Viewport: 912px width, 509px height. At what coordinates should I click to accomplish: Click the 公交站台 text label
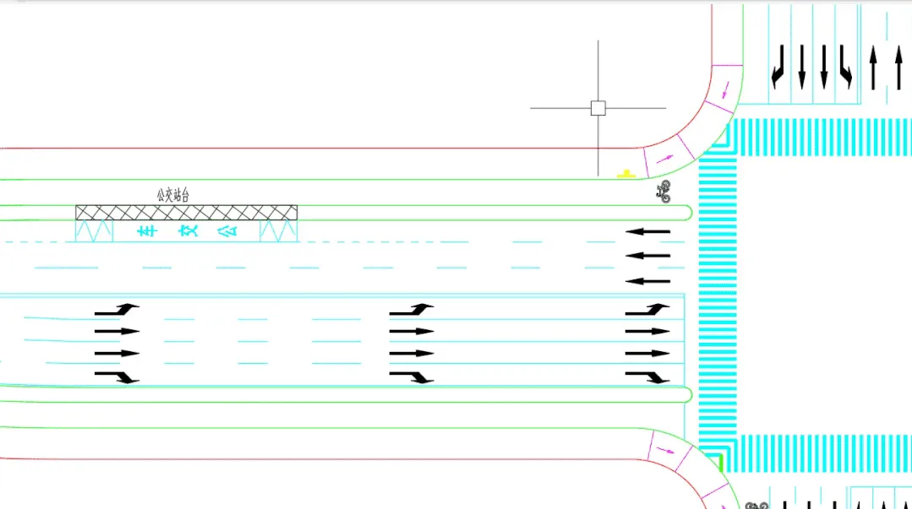[172, 195]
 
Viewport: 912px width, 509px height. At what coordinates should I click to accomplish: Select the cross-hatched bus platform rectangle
[186, 212]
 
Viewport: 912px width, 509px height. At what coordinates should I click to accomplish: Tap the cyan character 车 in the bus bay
[147, 230]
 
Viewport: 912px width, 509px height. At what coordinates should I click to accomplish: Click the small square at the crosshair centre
[598, 108]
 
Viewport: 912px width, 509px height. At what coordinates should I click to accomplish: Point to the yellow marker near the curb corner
[625, 175]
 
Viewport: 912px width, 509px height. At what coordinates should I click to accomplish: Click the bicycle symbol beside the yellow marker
[664, 192]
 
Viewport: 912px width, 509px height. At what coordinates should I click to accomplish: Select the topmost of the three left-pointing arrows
[647, 231]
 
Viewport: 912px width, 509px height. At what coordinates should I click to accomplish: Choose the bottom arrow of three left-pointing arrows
[647, 281]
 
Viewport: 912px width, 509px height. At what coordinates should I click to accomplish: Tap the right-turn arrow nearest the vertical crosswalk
[647, 376]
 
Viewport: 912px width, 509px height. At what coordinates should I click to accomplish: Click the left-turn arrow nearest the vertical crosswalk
[647, 310]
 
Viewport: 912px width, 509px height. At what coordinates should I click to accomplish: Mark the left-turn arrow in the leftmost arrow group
[117, 310]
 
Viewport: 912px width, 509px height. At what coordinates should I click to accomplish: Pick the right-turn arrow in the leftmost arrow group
[117, 376]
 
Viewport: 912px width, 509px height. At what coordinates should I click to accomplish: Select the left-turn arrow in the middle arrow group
[412, 310]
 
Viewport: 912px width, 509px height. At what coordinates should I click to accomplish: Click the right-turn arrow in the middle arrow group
[412, 376]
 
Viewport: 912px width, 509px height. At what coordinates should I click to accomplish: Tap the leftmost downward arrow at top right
[778, 68]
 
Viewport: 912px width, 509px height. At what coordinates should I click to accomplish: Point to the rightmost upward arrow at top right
[898, 68]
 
